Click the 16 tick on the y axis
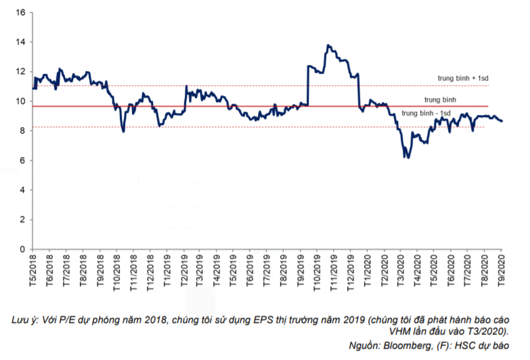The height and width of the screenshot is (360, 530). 21,12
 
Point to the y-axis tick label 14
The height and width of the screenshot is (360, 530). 21,42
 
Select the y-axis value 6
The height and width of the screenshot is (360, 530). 23,160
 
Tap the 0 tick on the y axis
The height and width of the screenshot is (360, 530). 23,249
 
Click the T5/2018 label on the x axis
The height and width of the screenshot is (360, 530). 32,268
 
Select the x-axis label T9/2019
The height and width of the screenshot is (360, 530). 300,268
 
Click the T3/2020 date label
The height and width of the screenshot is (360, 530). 401,268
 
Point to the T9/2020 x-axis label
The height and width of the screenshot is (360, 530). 501,268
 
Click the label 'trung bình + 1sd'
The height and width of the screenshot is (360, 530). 464,78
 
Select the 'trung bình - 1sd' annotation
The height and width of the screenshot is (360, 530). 426,113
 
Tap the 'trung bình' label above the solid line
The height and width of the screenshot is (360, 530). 440,99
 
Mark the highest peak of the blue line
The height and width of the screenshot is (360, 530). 328,45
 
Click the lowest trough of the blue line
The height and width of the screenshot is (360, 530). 407,158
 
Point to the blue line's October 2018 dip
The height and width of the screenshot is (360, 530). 123,131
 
